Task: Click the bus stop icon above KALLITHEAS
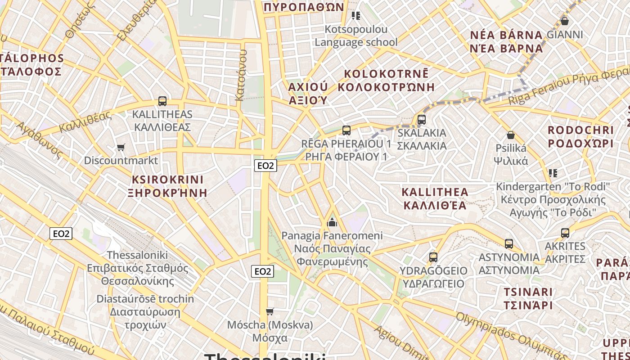click(x=162, y=101)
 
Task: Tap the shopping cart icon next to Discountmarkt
click(x=121, y=147)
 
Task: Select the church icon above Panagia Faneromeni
click(x=332, y=222)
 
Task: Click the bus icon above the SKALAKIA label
click(x=422, y=120)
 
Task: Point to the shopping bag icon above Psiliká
click(x=511, y=135)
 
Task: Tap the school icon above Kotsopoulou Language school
click(x=356, y=16)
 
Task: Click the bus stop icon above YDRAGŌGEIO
click(x=433, y=257)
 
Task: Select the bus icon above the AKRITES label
click(x=565, y=233)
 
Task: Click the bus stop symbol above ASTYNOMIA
click(x=509, y=244)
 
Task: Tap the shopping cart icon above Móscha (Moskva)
click(x=270, y=311)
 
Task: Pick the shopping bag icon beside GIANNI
click(x=565, y=21)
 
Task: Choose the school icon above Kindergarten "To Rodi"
click(x=553, y=173)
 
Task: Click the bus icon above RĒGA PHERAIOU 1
click(x=346, y=130)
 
